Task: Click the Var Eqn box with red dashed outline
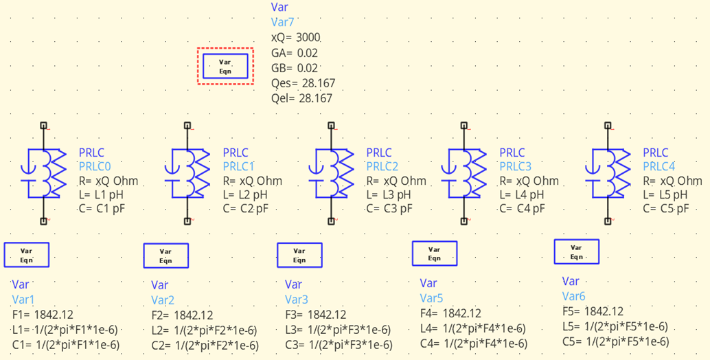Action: (225, 66)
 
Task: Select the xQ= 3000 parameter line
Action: (296, 37)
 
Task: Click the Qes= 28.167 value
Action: (302, 83)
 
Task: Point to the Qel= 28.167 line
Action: (301, 98)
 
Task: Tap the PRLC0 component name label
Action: (95, 167)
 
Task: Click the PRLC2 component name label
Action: (382, 167)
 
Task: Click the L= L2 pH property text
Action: (246, 195)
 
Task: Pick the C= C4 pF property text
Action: (522, 209)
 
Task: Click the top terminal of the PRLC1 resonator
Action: (187, 126)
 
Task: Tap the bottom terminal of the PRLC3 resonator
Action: (463, 221)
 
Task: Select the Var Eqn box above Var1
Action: (27, 255)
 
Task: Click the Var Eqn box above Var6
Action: (576, 251)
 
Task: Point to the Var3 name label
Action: (296, 300)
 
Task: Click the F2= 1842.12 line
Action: (182, 315)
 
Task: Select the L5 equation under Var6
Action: (615, 326)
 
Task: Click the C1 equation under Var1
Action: (66, 344)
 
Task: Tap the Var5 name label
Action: (432, 298)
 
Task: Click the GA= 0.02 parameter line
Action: (295, 53)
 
